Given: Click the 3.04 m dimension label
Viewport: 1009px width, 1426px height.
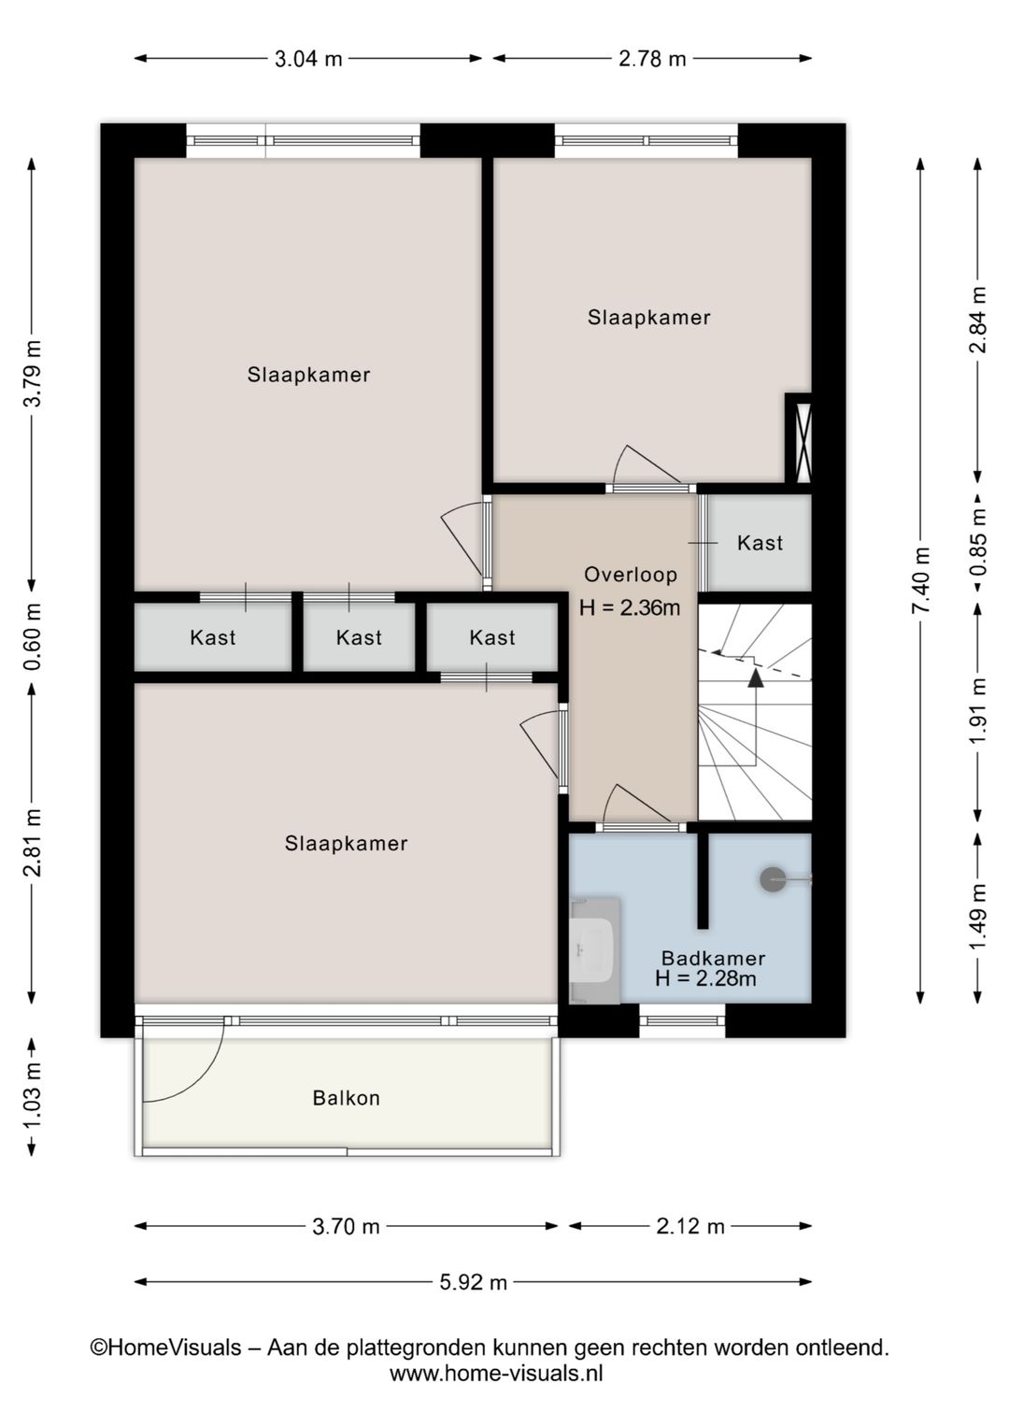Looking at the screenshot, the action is [308, 59].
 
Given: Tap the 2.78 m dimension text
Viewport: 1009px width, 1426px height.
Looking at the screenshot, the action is [652, 59].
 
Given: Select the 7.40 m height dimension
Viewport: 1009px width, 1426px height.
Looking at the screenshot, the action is [922, 580].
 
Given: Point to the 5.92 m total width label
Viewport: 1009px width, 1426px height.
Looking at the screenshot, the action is [473, 1282].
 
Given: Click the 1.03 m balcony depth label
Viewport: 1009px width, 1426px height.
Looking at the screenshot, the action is [33, 1096].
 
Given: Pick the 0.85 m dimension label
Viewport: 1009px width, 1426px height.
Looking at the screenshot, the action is [979, 542].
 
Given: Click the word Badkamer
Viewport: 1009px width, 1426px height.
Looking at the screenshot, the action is [713, 958].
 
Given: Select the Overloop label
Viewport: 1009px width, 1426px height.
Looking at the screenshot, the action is [631, 575].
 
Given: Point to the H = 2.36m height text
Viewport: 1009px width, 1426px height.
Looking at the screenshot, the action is [630, 607].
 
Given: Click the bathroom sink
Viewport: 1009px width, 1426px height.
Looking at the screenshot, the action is [594, 950].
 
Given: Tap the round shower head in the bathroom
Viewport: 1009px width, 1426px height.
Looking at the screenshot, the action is [773, 879].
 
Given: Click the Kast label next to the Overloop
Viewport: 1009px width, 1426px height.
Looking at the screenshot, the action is [760, 543].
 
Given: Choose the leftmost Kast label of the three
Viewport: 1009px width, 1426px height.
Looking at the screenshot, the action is [213, 637].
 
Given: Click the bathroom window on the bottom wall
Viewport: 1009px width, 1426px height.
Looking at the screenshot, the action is [682, 1021].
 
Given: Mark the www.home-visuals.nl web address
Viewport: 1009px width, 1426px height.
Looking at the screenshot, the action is [496, 1373].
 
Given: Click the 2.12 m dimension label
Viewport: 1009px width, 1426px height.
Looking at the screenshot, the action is [690, 1227].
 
